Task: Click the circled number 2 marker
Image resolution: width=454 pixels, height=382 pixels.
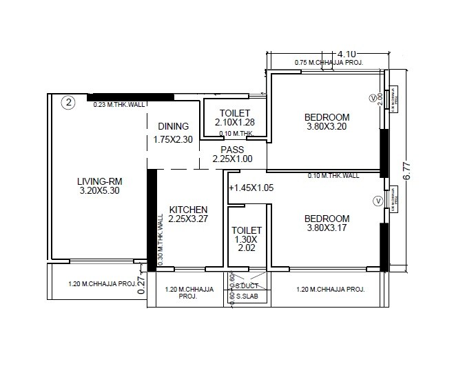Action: pos(68,103)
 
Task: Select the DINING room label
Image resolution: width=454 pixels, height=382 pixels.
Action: pos(173,126)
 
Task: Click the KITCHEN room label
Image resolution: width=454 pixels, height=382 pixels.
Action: pos(188,209)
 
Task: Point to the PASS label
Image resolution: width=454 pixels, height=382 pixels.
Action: pos(232,149)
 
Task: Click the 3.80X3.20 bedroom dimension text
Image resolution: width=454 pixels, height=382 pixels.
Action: pos(327,127)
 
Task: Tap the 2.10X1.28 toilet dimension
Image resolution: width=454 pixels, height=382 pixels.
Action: pos(234,122)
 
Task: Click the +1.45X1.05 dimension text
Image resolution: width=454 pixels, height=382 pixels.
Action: pos(251,188)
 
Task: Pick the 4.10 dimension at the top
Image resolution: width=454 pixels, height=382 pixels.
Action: pos(346,54)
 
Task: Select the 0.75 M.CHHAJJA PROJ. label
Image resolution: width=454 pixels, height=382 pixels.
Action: pos(329,63)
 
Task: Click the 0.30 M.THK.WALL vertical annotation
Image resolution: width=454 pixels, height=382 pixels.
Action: pos(160,235)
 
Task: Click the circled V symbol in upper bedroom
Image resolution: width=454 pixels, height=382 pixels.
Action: pos(374,97)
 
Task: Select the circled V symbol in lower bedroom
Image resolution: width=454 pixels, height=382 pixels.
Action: pos(376,201)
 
